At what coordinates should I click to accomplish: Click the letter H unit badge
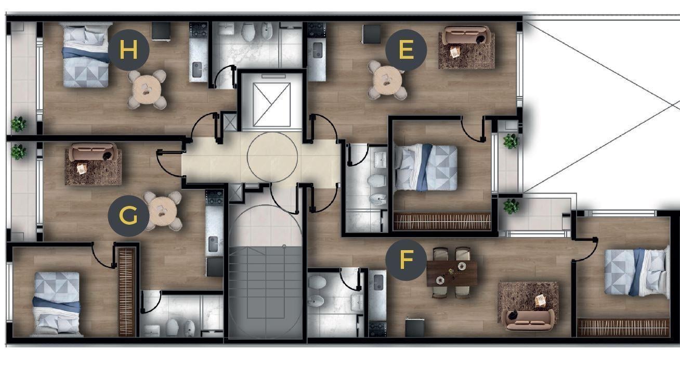pos(129,50)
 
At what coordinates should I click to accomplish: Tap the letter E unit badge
pos(406,50)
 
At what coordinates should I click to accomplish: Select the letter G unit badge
pos(128,216)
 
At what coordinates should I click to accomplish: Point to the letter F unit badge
pos(406,260)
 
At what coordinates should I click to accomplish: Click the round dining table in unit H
pos(147,89)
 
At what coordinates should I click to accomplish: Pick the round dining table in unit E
pos(388,80)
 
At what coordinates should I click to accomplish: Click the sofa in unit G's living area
pos(93,152)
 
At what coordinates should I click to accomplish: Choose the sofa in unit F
pos(528,320)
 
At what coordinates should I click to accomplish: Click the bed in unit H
pos(86,55)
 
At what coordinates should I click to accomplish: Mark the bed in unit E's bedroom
pos(426,167)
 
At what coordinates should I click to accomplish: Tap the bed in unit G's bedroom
pos(57,303)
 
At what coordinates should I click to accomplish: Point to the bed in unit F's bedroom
pos(636,273)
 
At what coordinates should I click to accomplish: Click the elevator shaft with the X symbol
pos(271,105)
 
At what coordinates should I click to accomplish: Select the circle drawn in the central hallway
pos(272,157)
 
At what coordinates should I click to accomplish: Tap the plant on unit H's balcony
pos(19,124)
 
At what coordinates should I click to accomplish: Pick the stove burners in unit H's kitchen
pos(199,30)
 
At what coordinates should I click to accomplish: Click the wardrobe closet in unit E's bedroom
pos(442,221)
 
